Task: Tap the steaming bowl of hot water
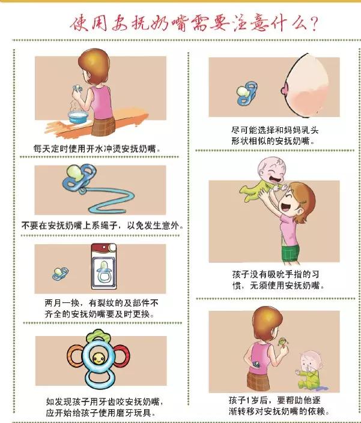pyautogui.click(x=76, y=116)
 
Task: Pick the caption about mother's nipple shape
pyautogui.click(x=273, y=135)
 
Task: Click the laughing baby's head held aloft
pyautogui.click(x=269, y=172)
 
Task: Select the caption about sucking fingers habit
pyautogui.click(x=278, y=280)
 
